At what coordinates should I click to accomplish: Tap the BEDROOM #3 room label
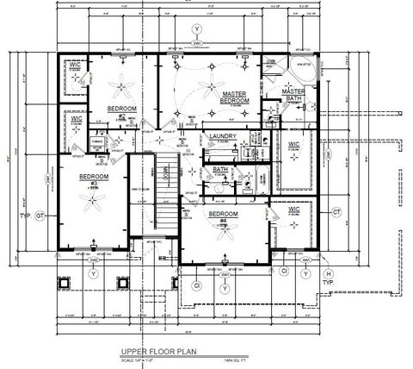tap(90, 178)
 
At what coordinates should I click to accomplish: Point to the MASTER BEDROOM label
tap(235, 97)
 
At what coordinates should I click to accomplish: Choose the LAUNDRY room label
tap(224, 136)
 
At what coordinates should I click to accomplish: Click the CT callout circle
tap(338, 211)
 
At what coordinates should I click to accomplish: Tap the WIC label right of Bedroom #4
tap(292, 209)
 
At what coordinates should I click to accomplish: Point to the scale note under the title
tap(143, 359)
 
